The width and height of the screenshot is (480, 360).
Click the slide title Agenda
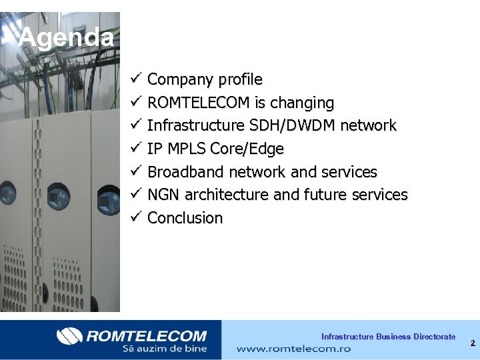[66, 37]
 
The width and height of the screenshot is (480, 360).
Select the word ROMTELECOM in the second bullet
[198, 103]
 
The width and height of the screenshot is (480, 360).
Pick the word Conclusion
[185, 218]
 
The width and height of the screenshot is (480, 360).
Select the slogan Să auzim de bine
[164, 348]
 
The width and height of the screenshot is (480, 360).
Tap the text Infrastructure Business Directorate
[388, 337]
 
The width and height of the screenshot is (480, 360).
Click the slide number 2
[472, 343]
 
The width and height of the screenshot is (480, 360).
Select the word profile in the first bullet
[241, 80]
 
